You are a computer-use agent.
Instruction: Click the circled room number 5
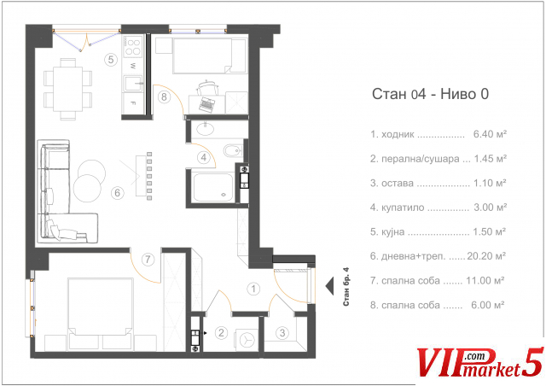pyautogui.click(x=111, y=59)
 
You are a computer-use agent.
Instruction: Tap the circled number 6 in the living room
pyautogui.click(x=118, y=192)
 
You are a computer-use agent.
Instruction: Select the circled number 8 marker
pyautogui.click(x=164, y=96)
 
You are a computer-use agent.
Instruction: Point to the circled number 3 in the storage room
pyautogui.click(x=282, y=333)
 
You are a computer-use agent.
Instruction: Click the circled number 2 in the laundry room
pyautogui.click(x=221, y=333)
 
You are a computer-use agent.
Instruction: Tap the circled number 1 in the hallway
pyautogui.click(x=253, y=289)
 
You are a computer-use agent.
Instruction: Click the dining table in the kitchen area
pyautogui.click(x=68, y=89)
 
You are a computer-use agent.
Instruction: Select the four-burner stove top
pyautogui.click(x=133, y=48)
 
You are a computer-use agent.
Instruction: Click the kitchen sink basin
pyautogui.click(x=133, y=84)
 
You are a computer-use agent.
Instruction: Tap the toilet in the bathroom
pyautogui.click(x=233, y=150)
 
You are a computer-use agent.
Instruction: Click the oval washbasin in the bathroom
pyautogui.click(x=206, y=129)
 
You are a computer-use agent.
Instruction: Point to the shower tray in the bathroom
pyautogui.click(x=213, y=187)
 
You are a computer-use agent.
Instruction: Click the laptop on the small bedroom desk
pyautogui.click(x=207, y=104)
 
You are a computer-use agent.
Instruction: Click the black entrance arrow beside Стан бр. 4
pyautogui.click(x=330, y=286)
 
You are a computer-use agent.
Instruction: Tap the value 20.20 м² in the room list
pyautogui.click(x=486, y=256)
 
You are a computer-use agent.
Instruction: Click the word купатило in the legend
pyautogui.click(x=403, y=208)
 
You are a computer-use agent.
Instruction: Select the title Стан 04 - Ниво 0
pyautogui.click(x=430, y=94)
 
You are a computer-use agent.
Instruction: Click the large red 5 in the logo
pyautogui.click(x=532, y=362)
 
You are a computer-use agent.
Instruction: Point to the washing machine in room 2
pyautogui.click(x=247, y=340)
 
